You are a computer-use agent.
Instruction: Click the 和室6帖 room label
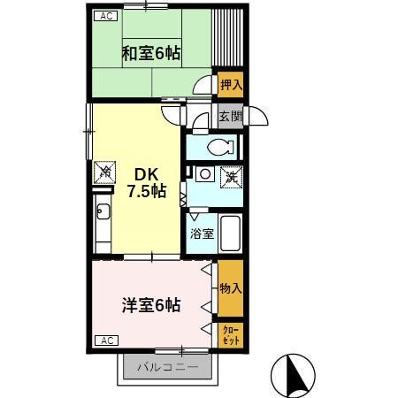150,53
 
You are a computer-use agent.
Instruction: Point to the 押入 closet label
231,85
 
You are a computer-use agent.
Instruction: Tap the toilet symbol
217,146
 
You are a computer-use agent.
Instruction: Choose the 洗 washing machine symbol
230,176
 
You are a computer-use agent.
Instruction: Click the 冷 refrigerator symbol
104,171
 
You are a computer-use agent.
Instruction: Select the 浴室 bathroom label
203,234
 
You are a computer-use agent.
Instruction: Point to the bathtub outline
231,234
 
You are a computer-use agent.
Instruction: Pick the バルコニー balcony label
166,365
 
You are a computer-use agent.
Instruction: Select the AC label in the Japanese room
105,16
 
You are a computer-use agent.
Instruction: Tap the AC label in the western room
105,340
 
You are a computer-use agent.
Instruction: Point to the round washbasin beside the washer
202,175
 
